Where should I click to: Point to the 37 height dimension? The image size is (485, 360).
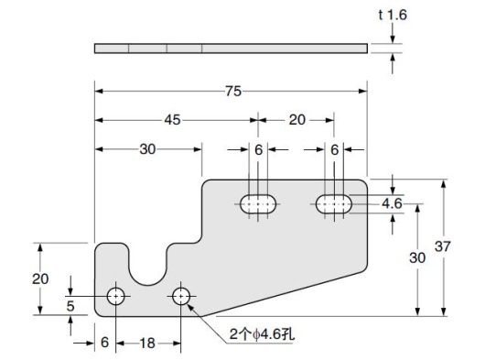tap(443, 246)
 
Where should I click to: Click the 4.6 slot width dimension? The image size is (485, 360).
tap(393, 203)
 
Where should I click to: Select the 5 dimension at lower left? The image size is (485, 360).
tap(71, 307)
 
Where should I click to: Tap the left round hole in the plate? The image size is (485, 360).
tap(116, 296)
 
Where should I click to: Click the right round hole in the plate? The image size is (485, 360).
tap(181, 296)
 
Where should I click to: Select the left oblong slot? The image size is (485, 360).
tap(261, 204)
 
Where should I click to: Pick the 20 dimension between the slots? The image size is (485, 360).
tap(298, 119)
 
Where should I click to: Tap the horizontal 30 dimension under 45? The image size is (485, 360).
tap(147, 149)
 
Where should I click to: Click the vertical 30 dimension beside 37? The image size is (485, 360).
tap(417, 258)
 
